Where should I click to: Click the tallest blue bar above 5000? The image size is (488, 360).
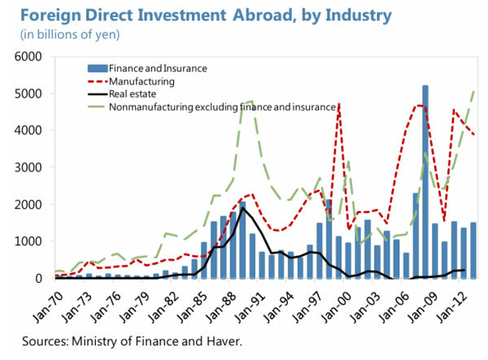pos(425,163)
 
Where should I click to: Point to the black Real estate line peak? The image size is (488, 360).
pos(242,208)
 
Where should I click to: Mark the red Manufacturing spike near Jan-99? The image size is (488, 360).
pos(338,106)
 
